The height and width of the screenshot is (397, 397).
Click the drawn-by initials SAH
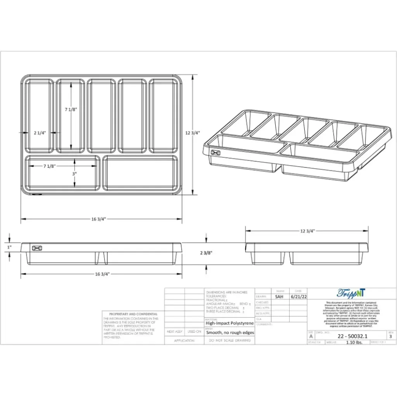[x=279, y=297]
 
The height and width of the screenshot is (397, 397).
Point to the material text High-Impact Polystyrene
[x=230, y=323]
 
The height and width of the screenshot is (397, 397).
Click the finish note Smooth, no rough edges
[x=230, y=333]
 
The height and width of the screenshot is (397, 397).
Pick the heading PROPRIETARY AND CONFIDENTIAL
[x=133, y=314]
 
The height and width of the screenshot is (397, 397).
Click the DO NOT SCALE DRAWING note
[x=230, y=340]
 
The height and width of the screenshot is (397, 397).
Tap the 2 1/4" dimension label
[x=40, y=133]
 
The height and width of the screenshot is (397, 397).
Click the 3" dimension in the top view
[x=74, y=174]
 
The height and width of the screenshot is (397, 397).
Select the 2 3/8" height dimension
[x=206, y=253]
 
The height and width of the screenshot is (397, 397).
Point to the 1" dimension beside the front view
[x=10, y=247]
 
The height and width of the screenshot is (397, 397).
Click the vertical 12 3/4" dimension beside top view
[x=193, y=133]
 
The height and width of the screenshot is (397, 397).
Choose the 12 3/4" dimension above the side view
[x=307, y=231]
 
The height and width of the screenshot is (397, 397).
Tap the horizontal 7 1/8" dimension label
[x=50, y=166]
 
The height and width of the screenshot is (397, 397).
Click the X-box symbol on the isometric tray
[x=216, y=152]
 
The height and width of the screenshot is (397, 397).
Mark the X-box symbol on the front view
[x=37, y=248]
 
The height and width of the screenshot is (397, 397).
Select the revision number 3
[x=390, y=337]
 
